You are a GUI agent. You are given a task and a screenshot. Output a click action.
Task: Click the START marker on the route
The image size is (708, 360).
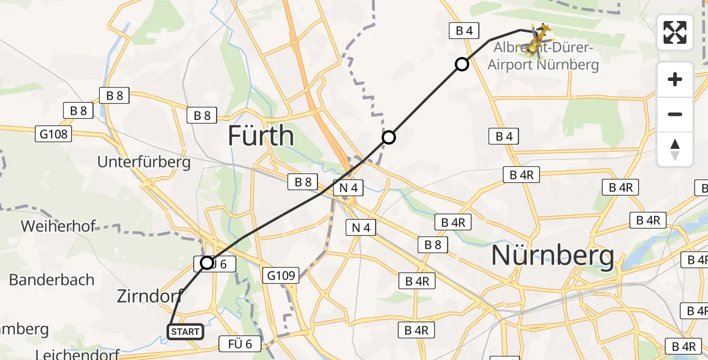point(185,332)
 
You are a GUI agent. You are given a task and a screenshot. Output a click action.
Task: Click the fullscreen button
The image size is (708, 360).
point(675,32)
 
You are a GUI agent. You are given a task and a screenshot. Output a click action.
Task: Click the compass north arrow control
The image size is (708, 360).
point(675,149)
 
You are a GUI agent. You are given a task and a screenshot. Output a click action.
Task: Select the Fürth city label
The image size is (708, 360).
point(261,137)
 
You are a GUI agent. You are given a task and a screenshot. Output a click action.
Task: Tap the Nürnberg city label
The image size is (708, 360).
point(553,256)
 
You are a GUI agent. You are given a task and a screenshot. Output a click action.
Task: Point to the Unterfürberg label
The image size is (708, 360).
point(144,161)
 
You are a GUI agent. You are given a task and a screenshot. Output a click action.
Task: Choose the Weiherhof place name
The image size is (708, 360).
point(58,226)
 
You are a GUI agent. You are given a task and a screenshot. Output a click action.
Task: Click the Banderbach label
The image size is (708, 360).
point(52,280)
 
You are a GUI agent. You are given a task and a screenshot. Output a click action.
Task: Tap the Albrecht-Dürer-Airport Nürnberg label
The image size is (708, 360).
point(543,56)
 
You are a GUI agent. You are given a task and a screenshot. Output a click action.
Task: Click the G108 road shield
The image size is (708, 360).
point(54,134)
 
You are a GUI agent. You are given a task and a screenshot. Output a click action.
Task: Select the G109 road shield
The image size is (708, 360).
point(282,276)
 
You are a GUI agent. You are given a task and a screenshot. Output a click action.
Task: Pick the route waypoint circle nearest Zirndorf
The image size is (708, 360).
point(207,263)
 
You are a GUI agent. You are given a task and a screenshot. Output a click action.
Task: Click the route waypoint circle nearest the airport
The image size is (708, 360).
point(461,64)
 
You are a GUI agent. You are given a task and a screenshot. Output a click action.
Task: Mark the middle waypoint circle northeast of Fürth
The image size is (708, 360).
point(389,138)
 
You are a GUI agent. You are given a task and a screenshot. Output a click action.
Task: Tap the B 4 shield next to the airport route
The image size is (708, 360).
point(464,31)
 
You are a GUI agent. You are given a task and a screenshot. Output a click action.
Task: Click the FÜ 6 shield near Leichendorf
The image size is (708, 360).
point(244,344)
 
